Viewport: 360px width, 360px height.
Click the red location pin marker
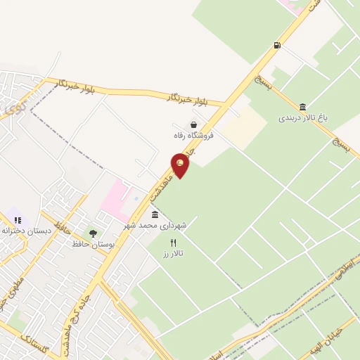pos(181,165)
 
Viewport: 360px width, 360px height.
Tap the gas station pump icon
pos(277,46)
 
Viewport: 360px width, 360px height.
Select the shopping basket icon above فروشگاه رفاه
pos(184,124)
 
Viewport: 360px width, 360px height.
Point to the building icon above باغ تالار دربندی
pos(302,107)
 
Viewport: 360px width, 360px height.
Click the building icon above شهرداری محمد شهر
pos(155,214)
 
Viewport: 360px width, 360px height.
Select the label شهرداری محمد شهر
pos(155,225)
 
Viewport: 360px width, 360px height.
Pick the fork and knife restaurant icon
pos(173,242)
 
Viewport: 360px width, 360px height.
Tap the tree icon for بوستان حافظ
pos(93,233)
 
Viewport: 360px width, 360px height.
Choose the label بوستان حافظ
pos(93,244)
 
